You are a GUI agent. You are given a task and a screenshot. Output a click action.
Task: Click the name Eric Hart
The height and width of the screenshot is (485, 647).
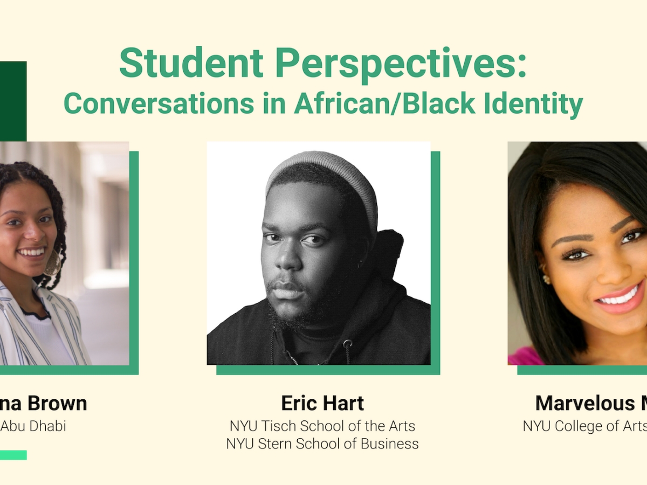[322, 403]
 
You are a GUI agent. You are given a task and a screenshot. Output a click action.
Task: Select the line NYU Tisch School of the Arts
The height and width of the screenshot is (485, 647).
[322, 426]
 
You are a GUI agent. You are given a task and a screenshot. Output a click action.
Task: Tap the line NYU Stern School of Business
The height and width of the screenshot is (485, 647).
[322, 444]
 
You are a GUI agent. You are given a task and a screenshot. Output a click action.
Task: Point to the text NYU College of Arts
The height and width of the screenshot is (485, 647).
[585, 426]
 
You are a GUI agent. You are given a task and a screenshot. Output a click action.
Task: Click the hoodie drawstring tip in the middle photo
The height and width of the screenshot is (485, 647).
[348, 345]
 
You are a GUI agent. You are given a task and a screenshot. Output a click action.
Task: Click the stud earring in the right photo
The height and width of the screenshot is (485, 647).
[545, 279]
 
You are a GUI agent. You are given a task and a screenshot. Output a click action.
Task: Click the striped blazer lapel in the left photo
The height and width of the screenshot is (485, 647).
[16, 318]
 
